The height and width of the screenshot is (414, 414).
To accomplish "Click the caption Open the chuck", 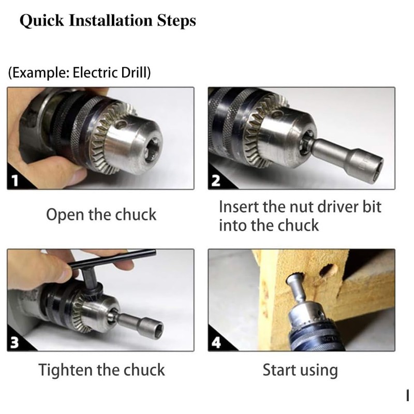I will (101, 214).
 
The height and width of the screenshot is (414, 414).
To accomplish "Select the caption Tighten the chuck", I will (101, 369).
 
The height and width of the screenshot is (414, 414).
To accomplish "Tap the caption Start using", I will (300, 369).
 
